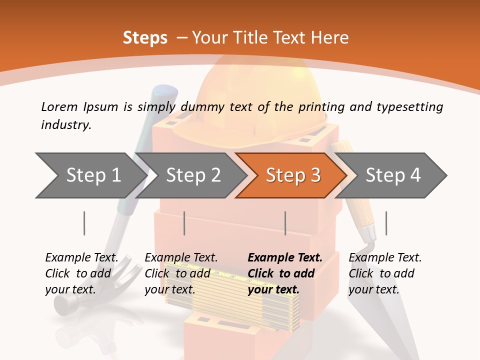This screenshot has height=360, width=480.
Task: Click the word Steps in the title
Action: tap(145, 38)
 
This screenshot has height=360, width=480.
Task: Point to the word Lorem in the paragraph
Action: tap(59, 106)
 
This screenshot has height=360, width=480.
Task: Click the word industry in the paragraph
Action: tap(65, 124)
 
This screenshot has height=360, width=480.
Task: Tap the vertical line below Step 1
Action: tap(84, 223)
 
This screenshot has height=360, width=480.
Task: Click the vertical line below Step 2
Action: tap(184, 223)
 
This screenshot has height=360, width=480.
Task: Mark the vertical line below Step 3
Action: tap(285, 223)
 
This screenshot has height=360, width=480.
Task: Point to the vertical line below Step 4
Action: tap(386, 223)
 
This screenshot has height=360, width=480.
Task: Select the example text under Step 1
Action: tap(81, 273)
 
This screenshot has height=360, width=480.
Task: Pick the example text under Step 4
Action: tap(385, 273)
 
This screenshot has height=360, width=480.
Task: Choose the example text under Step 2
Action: tap(181, 273)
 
